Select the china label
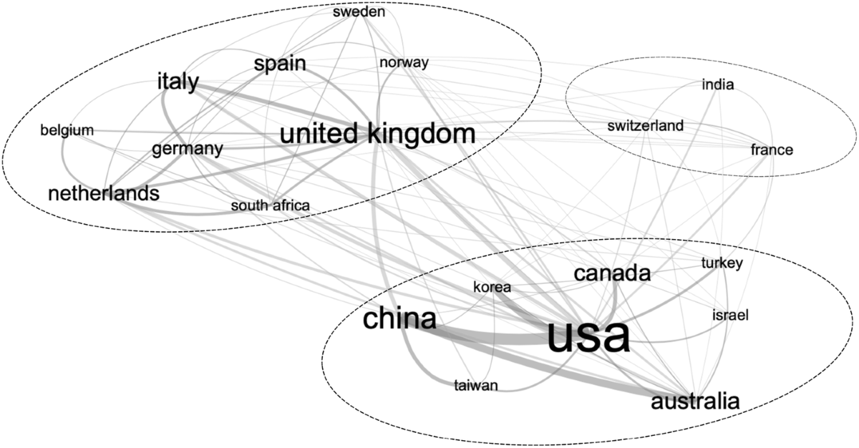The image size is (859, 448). pyautogui.click(x=399, y=319)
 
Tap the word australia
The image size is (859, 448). pyautogui.click(x=694, y=401)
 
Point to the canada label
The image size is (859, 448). pyautogui.click(x=612, y=273)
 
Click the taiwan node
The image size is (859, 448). pyautogui.click(x=475, y=386)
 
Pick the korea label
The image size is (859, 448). pyautogui.click(x=492, y=288)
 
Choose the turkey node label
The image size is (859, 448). pyautogui.click(x=722, y=263)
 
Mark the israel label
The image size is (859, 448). pyautogui.click(x=729, y=315)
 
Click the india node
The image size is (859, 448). pyautogui.click(x=718, y=86)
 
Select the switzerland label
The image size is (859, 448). pyautogui.click(x=645, y=127)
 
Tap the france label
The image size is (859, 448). pyautogui.click(x=771, y=150)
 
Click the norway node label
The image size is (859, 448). pyautogui.click(x=404, y=63)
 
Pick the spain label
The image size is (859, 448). pyautogui.click(x=280, y=64)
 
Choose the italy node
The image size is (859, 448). pyautogui.click(x=178, y=82)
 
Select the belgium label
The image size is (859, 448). pyautogui.click(x=67, y=130)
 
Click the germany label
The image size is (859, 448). pyautogui.click(x=187, y=150)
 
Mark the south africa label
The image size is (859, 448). pyautogui.click(x=270, y=206)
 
